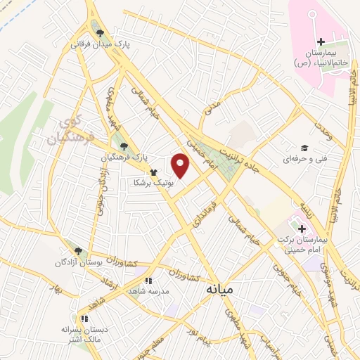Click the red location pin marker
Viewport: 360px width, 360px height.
pyautogui.click(x=181, y=166)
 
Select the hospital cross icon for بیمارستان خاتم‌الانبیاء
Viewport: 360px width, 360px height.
pyautogui.click(x=321, y=42)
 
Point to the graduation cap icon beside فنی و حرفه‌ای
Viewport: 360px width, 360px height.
pyautogui.click(x=304, y=148)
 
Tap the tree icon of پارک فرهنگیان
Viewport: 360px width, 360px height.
pyautogui.click(x=124, y=146)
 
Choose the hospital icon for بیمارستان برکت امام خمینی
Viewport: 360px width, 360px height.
pyautogui.click(x=302, y=229)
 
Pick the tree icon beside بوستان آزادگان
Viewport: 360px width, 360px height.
pyautogui.click(x=78, y=251)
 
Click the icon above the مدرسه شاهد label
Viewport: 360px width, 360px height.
pyautogui.click(x=148, y=281)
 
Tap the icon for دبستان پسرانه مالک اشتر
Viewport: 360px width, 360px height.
pyautogui.click(x=82, y=308)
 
